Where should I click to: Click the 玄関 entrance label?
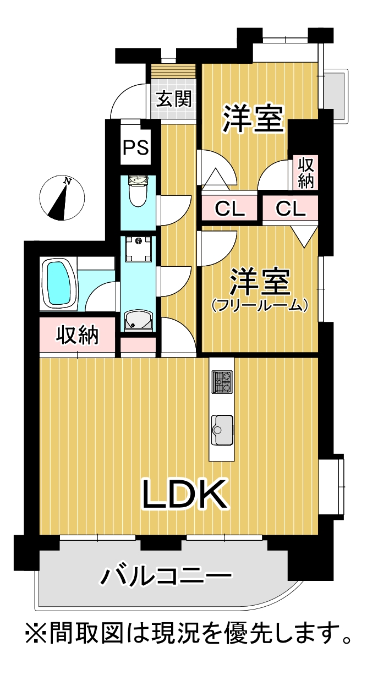[x=174, y=99]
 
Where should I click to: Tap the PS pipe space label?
[x=136, y=147]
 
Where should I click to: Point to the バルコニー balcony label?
[x=166, y=575]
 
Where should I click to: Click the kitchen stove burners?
[x=222, y=381]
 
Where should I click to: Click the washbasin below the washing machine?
[x=138, y=321]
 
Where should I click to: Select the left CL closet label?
[x=229, y=208]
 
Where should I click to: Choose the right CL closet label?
[x=291, y=208]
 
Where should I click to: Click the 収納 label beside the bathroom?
[x=78, y=335]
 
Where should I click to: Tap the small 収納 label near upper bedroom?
[x=305, y=173]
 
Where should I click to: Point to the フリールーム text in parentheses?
[x=259, y=305]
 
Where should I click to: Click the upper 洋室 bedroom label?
[x=253, y=119]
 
